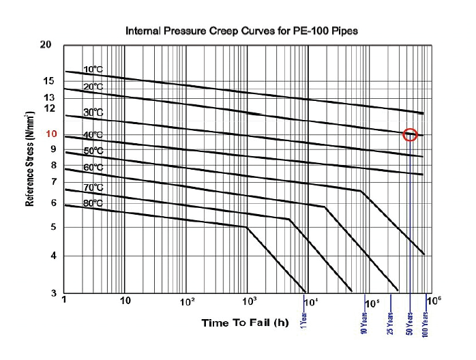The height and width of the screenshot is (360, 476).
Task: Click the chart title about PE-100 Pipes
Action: click(241, 31)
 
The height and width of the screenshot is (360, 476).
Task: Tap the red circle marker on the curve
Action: click(410, 134)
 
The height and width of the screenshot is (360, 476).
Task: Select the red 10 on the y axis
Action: click(50, 134)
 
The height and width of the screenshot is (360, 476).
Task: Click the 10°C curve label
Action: click(93, 70)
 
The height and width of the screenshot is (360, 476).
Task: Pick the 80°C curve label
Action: click(93, 202)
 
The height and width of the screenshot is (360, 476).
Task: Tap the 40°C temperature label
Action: click(93, 135)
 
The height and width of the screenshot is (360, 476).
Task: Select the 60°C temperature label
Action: click(93, 168)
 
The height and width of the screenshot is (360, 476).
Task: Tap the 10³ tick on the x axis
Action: click(249, 301)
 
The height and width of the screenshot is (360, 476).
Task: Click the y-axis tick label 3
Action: click(52, 293)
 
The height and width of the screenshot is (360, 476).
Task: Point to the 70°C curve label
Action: click(93, 187)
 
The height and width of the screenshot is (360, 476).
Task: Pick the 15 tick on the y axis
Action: click(48, 81)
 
